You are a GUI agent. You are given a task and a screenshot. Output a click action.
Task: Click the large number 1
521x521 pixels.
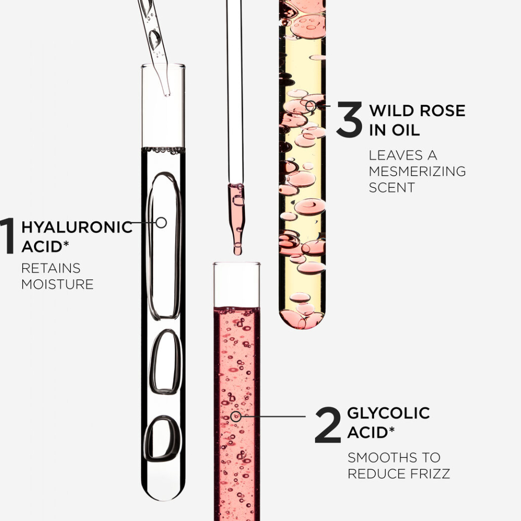7,236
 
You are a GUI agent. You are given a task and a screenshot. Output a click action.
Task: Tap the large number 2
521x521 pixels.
328,425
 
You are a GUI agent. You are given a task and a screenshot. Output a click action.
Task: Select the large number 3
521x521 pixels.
349,119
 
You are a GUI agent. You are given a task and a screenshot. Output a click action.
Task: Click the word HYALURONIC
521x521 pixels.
77,227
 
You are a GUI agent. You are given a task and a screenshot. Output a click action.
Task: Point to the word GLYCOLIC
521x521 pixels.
389,413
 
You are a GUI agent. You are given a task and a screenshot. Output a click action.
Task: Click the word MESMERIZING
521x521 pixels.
417,171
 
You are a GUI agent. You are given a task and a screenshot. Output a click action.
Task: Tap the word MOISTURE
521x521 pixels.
57,284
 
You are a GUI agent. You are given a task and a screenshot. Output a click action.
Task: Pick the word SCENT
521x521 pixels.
392,188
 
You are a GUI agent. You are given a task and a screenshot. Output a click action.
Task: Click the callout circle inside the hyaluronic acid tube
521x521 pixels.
161,222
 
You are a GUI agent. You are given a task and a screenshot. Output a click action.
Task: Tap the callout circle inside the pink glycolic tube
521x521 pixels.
235,416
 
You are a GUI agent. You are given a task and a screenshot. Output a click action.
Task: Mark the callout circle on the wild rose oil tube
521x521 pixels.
311,106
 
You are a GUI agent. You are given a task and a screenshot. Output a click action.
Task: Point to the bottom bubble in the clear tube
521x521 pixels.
163,439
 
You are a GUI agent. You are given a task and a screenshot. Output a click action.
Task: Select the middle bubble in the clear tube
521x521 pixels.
165,362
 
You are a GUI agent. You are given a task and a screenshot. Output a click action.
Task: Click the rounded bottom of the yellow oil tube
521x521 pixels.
302,319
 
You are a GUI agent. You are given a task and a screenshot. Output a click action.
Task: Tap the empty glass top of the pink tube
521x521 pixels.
237,284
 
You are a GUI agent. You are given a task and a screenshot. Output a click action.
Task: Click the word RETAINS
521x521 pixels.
51,268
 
